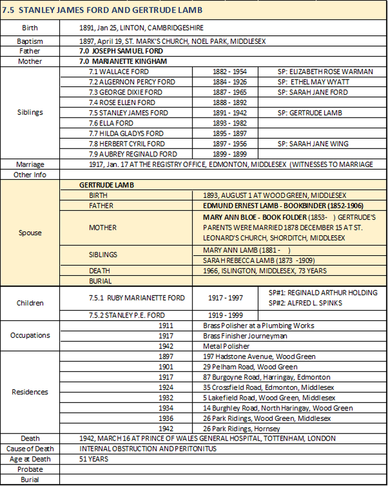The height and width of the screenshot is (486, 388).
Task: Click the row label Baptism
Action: (x=30, y=41)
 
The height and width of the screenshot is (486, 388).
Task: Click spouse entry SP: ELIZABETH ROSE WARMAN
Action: (x=325, y=72)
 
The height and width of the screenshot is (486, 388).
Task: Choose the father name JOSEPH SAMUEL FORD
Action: (x=121, y=51)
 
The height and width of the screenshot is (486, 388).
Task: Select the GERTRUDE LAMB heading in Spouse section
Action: (x=107, y=185)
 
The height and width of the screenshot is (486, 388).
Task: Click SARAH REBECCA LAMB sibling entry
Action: (x=247, y=260)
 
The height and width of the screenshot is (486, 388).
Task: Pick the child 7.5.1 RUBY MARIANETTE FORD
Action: (x=139, y=298)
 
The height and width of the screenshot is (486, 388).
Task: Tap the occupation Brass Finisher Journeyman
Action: (x=245, y=336)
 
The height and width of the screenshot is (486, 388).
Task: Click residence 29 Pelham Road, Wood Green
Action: (x=250, y=367)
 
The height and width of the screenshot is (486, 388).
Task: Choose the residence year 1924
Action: (x=165, y=387)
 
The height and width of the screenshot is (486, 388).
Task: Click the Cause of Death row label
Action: (x=30, y=449)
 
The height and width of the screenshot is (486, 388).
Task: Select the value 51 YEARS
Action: (x=94, y=459)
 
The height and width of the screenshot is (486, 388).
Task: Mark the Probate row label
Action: (x=30, y=469)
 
